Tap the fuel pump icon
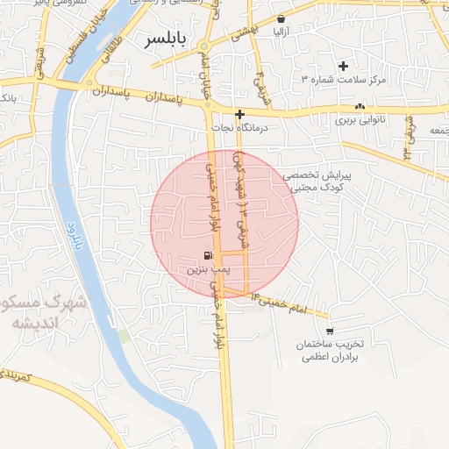coord(207,256)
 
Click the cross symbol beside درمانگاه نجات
coord(239,114)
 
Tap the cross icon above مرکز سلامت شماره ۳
coord(343,66)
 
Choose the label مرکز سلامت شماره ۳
coord(343,80)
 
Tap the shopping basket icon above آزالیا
coord(281,18)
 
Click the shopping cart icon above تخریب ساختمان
coord(330,331)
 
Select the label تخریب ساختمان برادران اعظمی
coord(329,351)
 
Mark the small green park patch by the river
coord(125,335)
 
